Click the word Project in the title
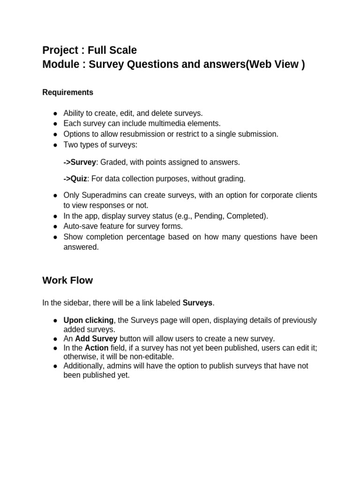pyautogui.click(x=59, y=50)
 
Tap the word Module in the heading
pyautogui.click(x=60, y=64)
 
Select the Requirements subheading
pyautogui.click(x=67, y=92)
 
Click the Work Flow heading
pyautogui.click(x=67, y=280)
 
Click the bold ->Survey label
pyautogui.click(x=80, y=162)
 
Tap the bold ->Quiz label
pyautogui.click(x=75, y=179)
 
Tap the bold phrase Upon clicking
pyautogui.click(x=89, y=320)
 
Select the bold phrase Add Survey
pyautogui.click(x=96, y=338)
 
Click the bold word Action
pyautogui.click(x=96, y=348)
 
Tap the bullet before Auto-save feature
pyautogui.click(x=55, y=226)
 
